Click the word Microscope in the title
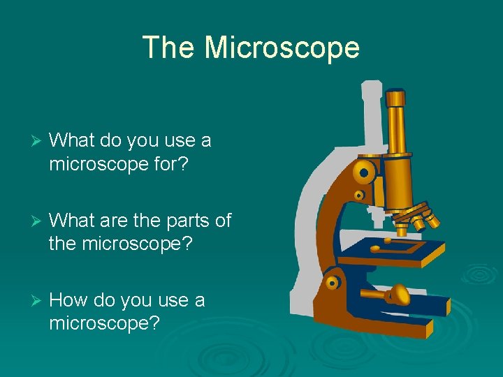[x=282, y=47]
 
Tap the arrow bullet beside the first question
[x=29, y=141]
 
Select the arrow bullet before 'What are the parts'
[x=29, y=221]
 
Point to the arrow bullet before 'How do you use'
[x=29, y=301]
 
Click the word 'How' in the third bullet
[x=66, y=301]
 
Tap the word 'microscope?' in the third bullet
[x=105, y=324]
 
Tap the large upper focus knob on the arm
[x=363, y=171]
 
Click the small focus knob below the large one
[x=358, y=195]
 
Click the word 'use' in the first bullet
[x=181, y=141]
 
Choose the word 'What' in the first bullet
[x=73, y=141]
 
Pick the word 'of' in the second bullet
[x=222, y=221]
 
